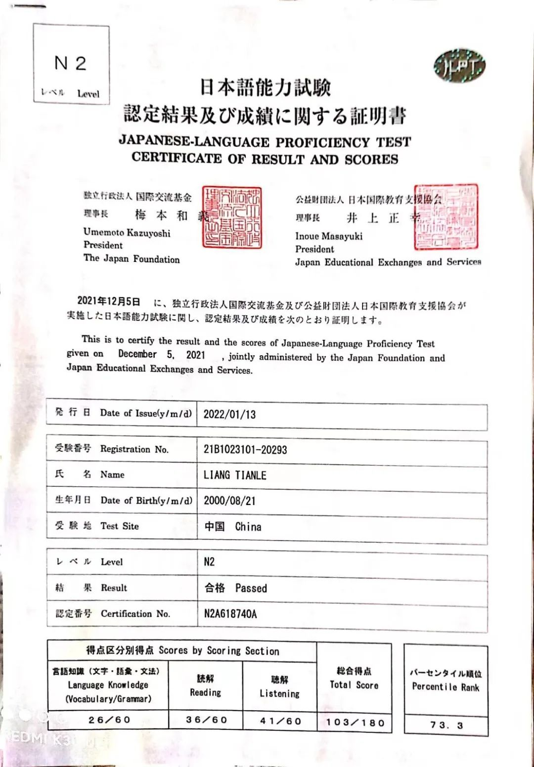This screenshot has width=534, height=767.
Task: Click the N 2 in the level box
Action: click(x=70, y=63)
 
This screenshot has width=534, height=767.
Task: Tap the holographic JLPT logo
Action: click(x=459, y=67)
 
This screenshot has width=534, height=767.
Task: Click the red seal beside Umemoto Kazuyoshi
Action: click(x=232, y=217)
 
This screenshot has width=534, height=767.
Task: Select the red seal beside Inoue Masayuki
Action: click(x=446, y=217)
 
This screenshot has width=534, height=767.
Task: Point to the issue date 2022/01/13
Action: click(x=229, y=414)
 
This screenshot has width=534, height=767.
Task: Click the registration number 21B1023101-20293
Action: click(x=245, y=449)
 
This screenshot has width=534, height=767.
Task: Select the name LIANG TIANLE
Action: click(x=235, y=475)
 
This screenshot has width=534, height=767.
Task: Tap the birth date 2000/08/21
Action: click(x=229, y=501)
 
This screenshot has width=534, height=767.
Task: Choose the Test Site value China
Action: click(x=248, y=527)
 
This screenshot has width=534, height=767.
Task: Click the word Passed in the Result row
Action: click(x=251, y=588)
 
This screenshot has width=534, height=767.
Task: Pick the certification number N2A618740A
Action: click(x=230, y=614)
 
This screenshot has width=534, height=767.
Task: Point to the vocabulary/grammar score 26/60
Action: click(x=109, y=720)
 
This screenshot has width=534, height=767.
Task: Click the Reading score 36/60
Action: click(x=206, y=720)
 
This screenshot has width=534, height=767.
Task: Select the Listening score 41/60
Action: click(x=280, y=721)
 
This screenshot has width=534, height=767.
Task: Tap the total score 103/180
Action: click(x=355, y=723)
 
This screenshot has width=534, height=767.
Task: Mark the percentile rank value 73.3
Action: click(x=446, y=725)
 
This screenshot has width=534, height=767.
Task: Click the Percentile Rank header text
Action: click(x=445, y=687)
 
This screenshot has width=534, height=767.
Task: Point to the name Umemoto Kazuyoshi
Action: click(x=127, y=233)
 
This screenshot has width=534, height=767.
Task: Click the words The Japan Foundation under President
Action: click(x=132, y=258)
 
